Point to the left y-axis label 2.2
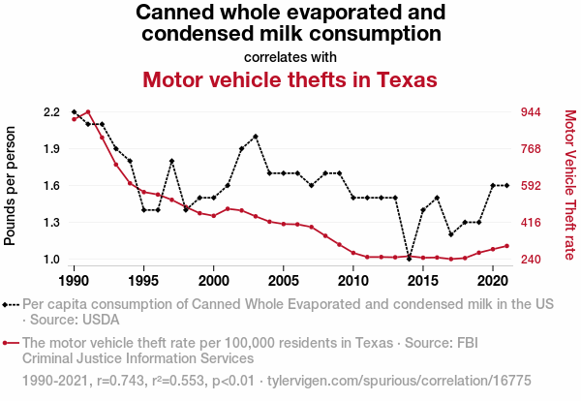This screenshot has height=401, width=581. point(51,112)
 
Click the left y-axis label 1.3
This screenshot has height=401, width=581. point(51,223)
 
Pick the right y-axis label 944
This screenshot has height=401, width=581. point(534,112)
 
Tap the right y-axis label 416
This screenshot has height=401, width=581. point(534,223)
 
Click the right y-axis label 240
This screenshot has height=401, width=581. point(534,260)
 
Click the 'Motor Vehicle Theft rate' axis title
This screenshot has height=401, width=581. point(570,186)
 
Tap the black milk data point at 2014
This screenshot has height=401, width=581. point(409,259)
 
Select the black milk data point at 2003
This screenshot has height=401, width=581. point(256,137)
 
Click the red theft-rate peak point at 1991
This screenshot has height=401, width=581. point(88,112)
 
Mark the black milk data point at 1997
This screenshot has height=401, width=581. point(171,161)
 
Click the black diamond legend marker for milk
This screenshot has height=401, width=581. point(12,304)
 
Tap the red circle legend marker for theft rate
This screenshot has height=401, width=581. point(12,343)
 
